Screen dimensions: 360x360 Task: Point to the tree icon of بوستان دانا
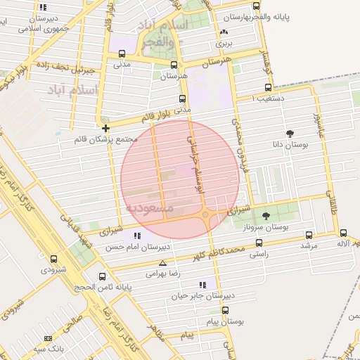[x=290, y=133]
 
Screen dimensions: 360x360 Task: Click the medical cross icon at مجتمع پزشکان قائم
[x=105, y=128]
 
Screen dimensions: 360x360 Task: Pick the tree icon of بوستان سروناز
[x=266, y=216]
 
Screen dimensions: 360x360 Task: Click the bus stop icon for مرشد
[x=309, y=236]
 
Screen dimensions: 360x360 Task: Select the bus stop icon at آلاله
[x=343, y=233]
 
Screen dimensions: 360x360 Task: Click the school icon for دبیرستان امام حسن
[x=137, y=236]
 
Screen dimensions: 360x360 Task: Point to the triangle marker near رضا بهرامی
[x=162, y=262]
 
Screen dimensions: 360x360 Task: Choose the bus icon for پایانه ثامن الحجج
[x=103, y=276]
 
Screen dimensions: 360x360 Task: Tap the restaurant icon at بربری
[x=224, y=32]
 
